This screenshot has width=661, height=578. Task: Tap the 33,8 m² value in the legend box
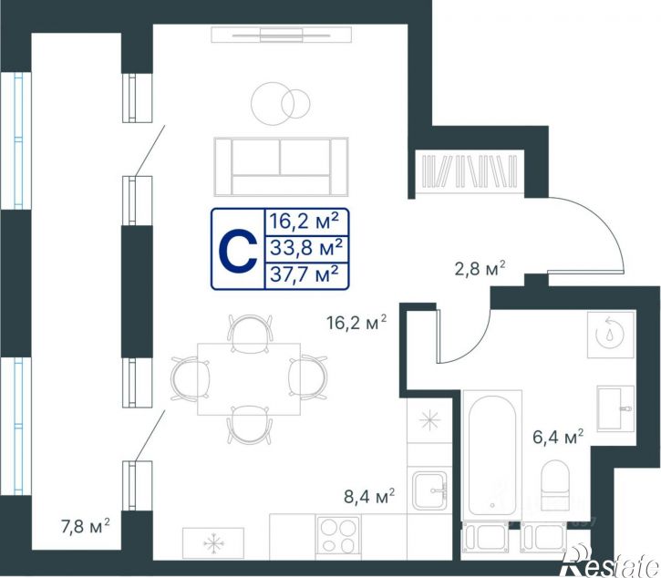point(305,247)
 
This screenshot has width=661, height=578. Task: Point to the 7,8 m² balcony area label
point(86,527)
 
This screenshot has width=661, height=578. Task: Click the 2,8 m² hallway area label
point(480,269)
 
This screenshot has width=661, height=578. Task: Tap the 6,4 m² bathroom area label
point(558,437)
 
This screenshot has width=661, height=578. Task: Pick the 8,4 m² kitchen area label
point(369,496)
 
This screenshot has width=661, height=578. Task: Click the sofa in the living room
point(281,167)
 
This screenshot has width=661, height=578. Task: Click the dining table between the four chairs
point(249,379)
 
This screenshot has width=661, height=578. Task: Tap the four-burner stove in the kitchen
point(338,535)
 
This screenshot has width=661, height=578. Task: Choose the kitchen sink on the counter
point(429,490)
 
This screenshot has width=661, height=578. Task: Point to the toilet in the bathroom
point(555,485)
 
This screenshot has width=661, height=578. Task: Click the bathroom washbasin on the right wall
point(615,408)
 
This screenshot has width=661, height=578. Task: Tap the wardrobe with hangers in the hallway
point(470,171)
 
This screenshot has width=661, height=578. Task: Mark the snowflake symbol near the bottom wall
point(213,543)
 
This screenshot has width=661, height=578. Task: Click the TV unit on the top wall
point(281,35)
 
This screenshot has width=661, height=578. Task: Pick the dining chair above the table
point(250,333)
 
